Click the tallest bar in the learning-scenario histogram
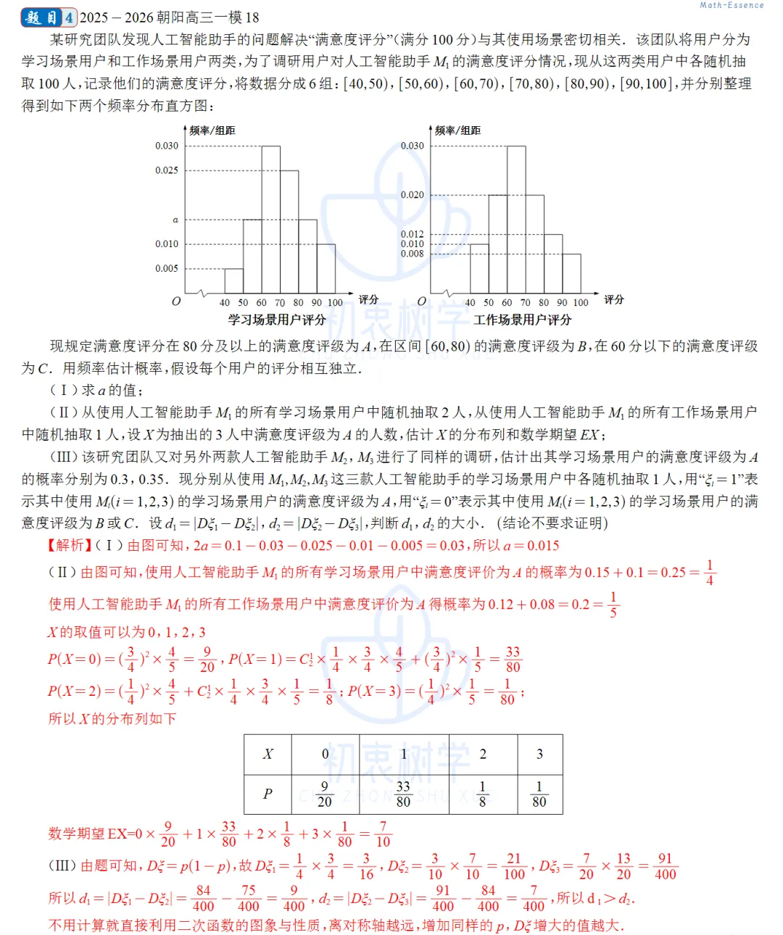click(270, 217)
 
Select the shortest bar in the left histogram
click(233, 280)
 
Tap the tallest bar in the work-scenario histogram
click(516, 217)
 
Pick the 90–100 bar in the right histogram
click(571, 273)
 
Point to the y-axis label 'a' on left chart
click(175, 220)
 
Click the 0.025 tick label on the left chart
click(166, 170)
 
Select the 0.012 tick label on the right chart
click(412, 234)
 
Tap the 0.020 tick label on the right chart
click(412, 195)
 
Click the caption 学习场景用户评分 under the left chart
click(276, 320)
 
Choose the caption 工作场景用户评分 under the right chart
click(522, 320)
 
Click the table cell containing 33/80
click(403, 794)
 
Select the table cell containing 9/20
click(324, 794)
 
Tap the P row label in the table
click(268, 794)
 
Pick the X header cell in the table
click(268, 754)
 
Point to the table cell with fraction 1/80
click(539, 794)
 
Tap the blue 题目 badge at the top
click(42, 17)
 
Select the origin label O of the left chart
click(175, 301)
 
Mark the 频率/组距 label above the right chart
click(457, 130)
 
